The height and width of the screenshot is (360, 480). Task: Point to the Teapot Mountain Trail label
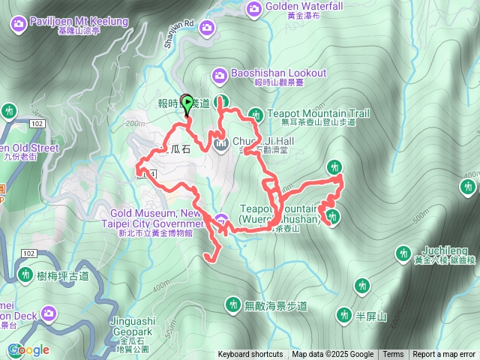319,113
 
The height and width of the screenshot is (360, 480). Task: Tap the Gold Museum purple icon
221,220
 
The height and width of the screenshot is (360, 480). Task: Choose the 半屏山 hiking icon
344,314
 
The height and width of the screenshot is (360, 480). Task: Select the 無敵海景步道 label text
276,305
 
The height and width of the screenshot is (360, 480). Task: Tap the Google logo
28,350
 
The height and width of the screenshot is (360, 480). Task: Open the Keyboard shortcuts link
250,355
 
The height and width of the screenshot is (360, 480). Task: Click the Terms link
393,355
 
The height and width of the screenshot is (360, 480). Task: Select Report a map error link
444,355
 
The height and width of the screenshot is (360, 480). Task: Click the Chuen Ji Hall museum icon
220,143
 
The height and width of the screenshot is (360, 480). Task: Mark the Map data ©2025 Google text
333,355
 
